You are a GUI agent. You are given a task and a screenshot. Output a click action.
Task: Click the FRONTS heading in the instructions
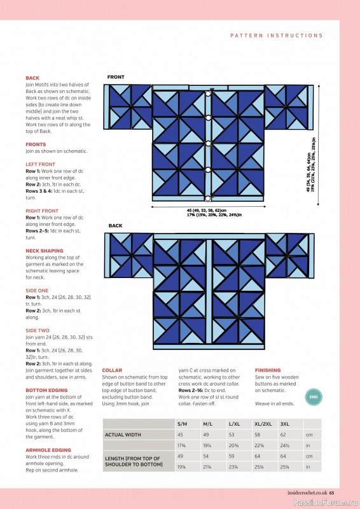point(36,144)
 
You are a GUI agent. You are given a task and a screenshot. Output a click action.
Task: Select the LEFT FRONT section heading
point(40,165)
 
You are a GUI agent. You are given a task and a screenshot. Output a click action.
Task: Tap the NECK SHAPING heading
point(44,251)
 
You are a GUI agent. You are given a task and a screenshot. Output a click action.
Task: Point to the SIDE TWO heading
point(38,330)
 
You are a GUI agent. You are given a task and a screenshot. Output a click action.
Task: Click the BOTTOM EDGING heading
point(47,389)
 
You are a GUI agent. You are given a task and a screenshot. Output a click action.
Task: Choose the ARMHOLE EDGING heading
point(48,449)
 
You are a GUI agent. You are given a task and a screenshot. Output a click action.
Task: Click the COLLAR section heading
point(112,370)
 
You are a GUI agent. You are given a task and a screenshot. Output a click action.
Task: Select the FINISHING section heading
point(267,370)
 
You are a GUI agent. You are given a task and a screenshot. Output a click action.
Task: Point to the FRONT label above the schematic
point(116,77)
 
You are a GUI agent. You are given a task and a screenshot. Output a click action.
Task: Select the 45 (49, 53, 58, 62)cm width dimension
point(207,210)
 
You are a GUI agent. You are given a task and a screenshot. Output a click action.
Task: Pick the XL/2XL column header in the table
point(263,422)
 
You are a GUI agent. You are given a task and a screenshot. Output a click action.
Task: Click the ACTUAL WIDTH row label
point(122,435)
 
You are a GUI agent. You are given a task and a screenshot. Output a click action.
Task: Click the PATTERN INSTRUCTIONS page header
point(276,36)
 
